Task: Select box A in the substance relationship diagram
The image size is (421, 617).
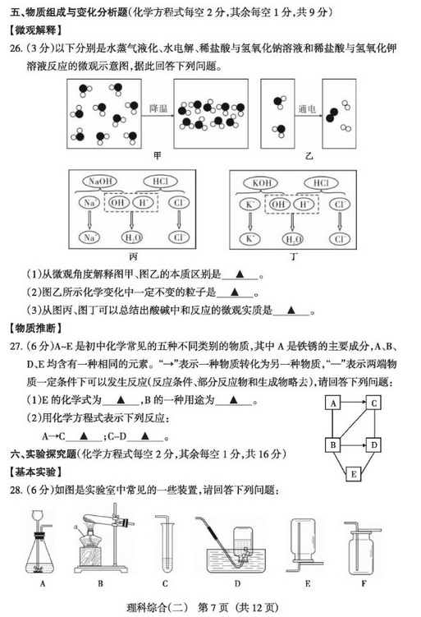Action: pyautogui.click(x=333, y=403)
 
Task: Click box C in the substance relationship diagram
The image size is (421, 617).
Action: pyautogui.click(x=373, y=403)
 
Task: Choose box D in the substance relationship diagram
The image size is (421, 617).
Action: pyautogui.click(x=373, y=445)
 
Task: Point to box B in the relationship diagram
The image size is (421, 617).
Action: pyautogui.click(x=333, y=445)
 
